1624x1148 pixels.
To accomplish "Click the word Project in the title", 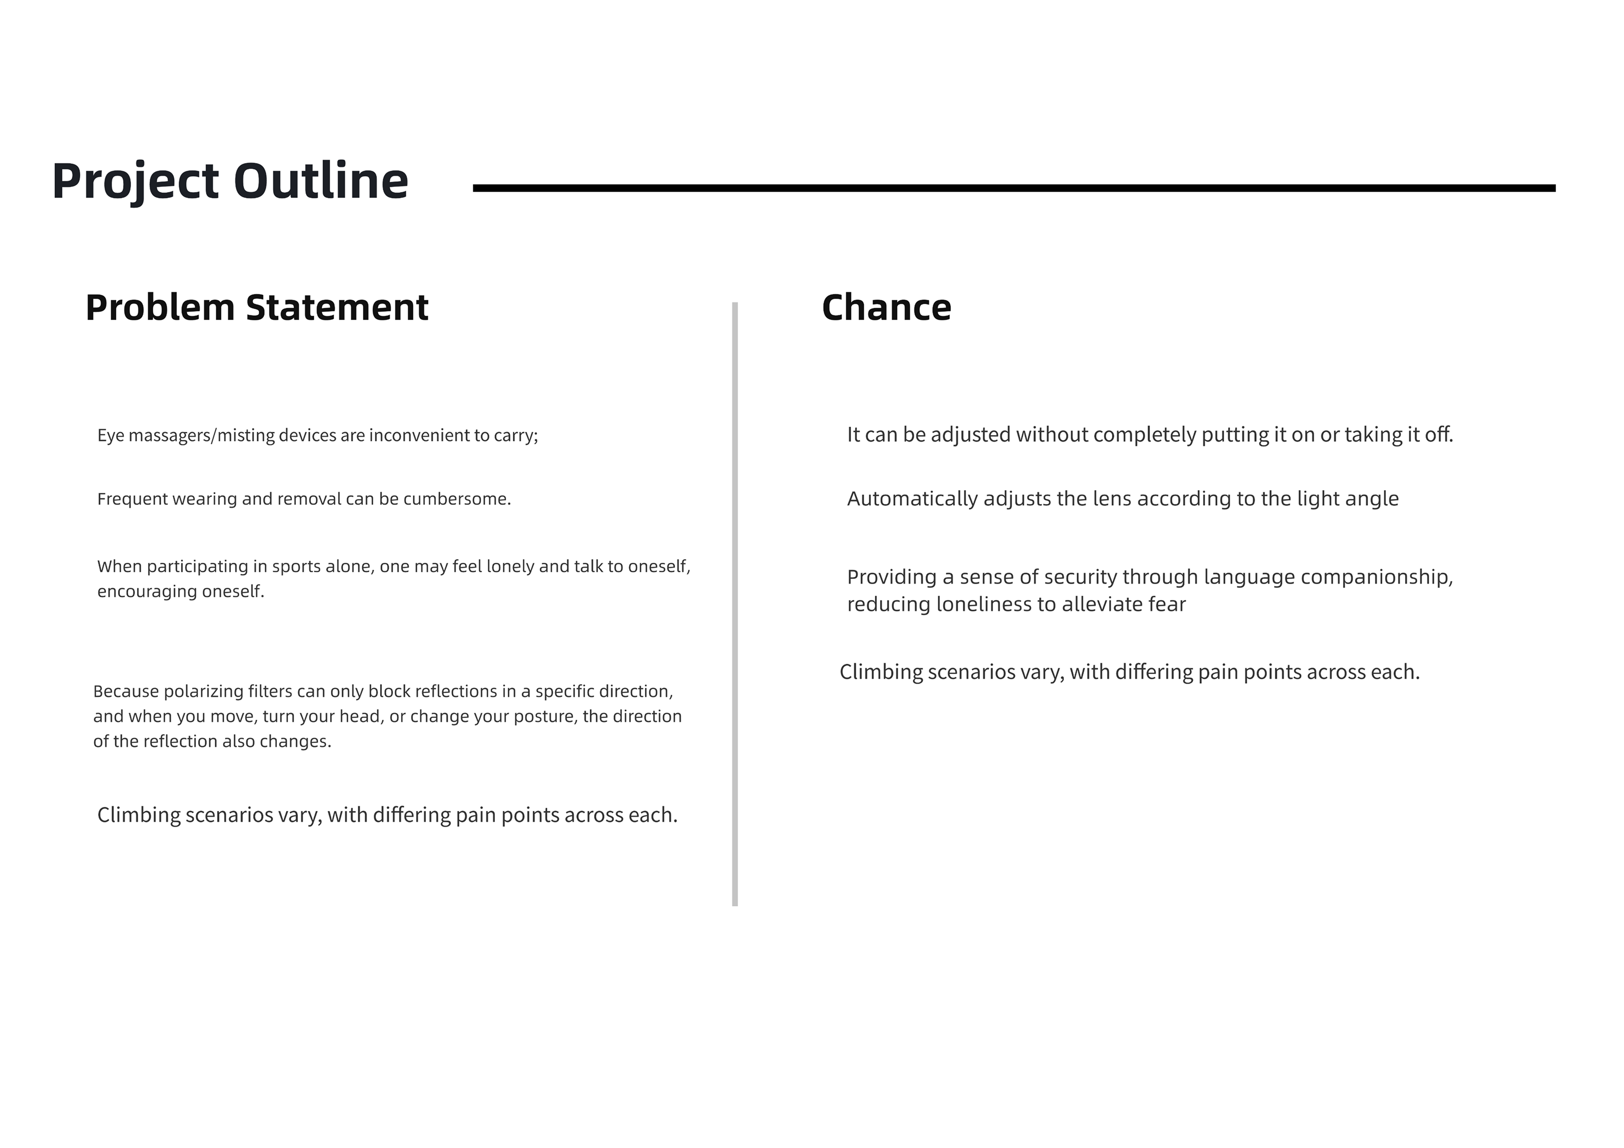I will click(134, 182).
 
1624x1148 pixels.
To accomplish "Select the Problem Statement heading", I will click(257, 308).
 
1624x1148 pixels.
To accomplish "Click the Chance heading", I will click(886, 308).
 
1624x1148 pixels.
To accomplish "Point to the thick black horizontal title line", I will click(1013, 188).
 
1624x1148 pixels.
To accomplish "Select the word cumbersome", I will click(456, 499).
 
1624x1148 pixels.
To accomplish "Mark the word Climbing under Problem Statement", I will click(138, 816).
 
